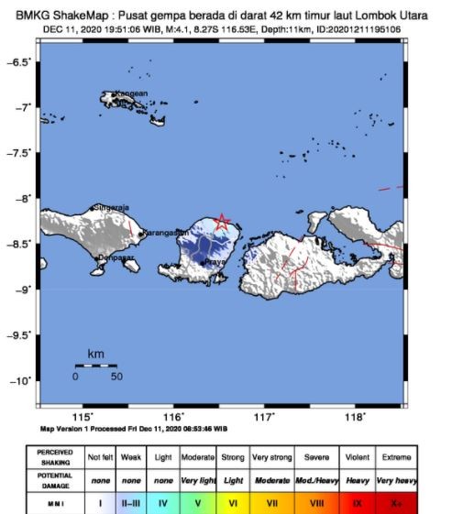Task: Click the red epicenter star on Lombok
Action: tap(222, 222)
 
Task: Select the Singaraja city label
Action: tap(111, 208)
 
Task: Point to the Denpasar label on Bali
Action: tap(116, 258)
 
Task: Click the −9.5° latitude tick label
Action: tap(18, 335)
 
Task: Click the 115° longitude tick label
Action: tap(86, 418)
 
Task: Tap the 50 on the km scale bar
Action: tap(116, 376)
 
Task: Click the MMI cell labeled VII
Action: tap(272, 503)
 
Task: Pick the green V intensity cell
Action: tap(199, 503)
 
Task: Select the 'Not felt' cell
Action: tap(99, 456)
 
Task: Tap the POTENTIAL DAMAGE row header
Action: tap(55, 480)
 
